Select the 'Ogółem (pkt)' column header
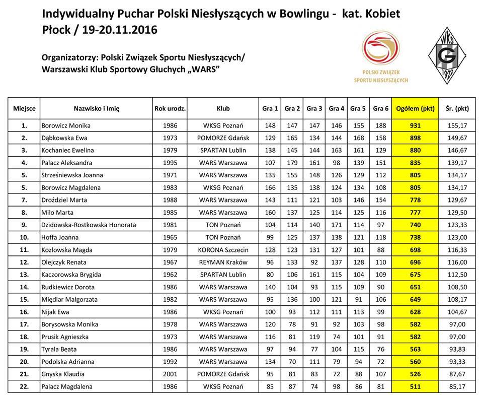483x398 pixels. pos(415,108)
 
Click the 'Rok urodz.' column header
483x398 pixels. pos(170,108)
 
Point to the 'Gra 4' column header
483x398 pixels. pos(337,108)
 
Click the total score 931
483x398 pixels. pos(415,125)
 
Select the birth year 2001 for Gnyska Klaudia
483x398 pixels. pos(170,374)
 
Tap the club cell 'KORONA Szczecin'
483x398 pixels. pos(223,250)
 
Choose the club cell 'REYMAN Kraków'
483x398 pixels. pos(223,262)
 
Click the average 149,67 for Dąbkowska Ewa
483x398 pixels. pos(457,138)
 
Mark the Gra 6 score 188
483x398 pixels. pos(380,125)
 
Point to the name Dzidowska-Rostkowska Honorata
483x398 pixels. pos(89,225)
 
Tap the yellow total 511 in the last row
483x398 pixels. pos(415,387)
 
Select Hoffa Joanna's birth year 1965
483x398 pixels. pos(170,237)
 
